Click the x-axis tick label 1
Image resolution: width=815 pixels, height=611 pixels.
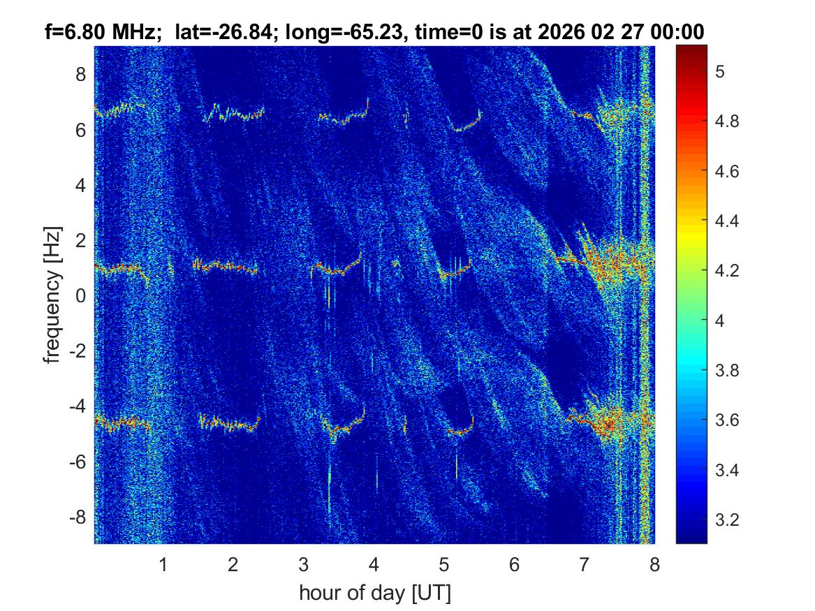point(163,564)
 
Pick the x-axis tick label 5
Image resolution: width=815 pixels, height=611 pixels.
point(444,564)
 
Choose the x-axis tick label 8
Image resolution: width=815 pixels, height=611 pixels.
point(654,564)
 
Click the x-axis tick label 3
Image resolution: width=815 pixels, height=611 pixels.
point(303,564)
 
